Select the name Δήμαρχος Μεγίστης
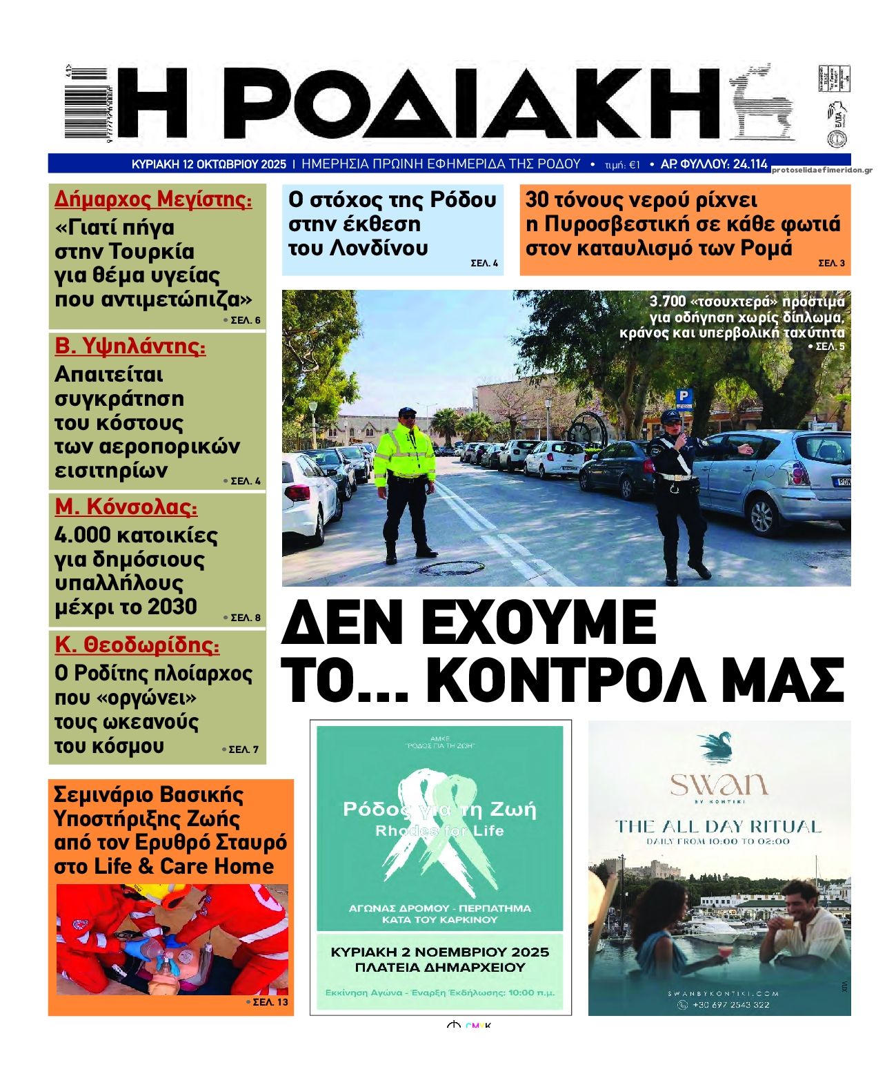(153, 199)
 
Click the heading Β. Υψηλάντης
(130, 346)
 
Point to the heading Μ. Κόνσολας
(126, 507)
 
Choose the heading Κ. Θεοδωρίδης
(137, 645)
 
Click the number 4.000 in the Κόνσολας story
(81, 536)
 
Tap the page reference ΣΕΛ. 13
(270, 1002)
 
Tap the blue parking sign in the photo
(684, 396)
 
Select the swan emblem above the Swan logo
(718, 747)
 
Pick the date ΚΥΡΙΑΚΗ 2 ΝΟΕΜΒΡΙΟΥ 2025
(440, 952)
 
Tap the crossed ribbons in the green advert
(439, 828)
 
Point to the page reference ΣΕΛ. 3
(831, 263)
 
